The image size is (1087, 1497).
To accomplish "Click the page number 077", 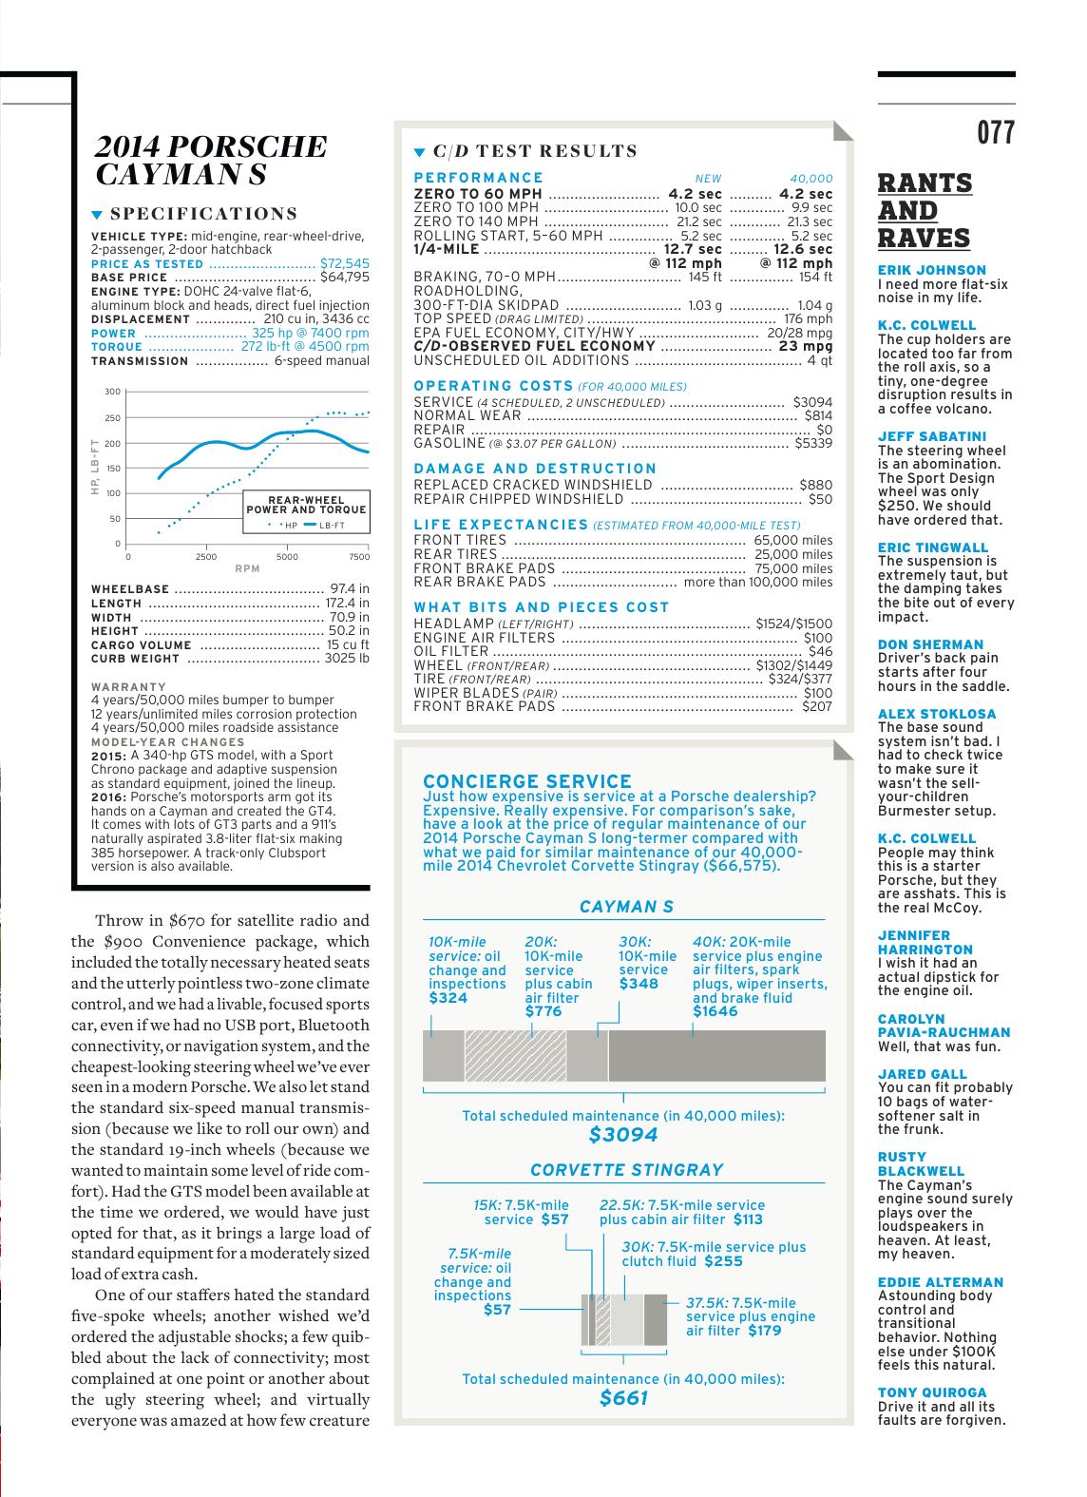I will point(996,133).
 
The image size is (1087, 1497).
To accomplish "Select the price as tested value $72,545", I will point(344,263).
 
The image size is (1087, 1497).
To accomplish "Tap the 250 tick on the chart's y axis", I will point(112,417).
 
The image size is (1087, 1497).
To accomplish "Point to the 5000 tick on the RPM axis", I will point(287,557).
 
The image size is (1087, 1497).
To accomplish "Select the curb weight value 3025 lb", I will point(347,658).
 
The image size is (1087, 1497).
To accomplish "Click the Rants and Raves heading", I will point(925,210).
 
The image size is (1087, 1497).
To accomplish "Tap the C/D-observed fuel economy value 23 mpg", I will point(805,346).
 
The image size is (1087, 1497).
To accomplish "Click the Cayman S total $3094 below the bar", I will point(623,1134).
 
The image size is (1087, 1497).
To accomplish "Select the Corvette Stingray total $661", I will point(623,1397).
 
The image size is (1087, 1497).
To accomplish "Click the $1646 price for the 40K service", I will point(715,1011).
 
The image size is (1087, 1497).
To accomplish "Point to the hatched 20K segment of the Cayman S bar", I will point(515,1055).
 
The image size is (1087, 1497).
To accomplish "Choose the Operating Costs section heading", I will point(494,385).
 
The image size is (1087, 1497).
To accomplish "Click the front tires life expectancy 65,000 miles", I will point(792,540).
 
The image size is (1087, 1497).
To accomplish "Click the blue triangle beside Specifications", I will point(97,215).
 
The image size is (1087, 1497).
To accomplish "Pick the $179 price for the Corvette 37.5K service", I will point(764,1331).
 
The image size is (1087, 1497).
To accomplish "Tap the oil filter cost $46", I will point(819,651).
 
